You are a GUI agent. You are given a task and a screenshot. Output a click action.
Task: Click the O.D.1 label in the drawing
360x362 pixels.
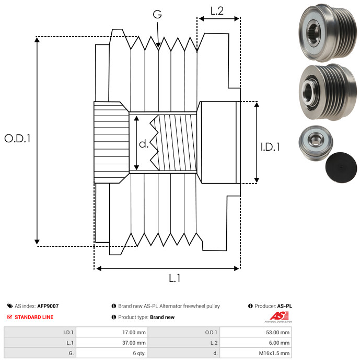point(18,139)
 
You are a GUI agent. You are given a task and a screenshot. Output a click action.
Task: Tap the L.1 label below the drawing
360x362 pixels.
point(175,278)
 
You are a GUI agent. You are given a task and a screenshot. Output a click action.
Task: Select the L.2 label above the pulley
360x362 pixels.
point(217,10)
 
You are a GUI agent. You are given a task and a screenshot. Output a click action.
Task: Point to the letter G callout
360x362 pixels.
point(157,15)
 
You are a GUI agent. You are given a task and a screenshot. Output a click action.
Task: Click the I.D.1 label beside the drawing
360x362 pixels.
point(270,147)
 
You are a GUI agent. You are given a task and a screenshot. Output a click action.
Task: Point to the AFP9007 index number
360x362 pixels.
point(48,306)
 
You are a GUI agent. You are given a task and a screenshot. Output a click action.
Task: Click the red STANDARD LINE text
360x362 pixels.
point(34,317)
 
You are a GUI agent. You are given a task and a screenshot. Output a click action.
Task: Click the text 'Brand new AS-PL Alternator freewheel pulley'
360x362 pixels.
point(169,306)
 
